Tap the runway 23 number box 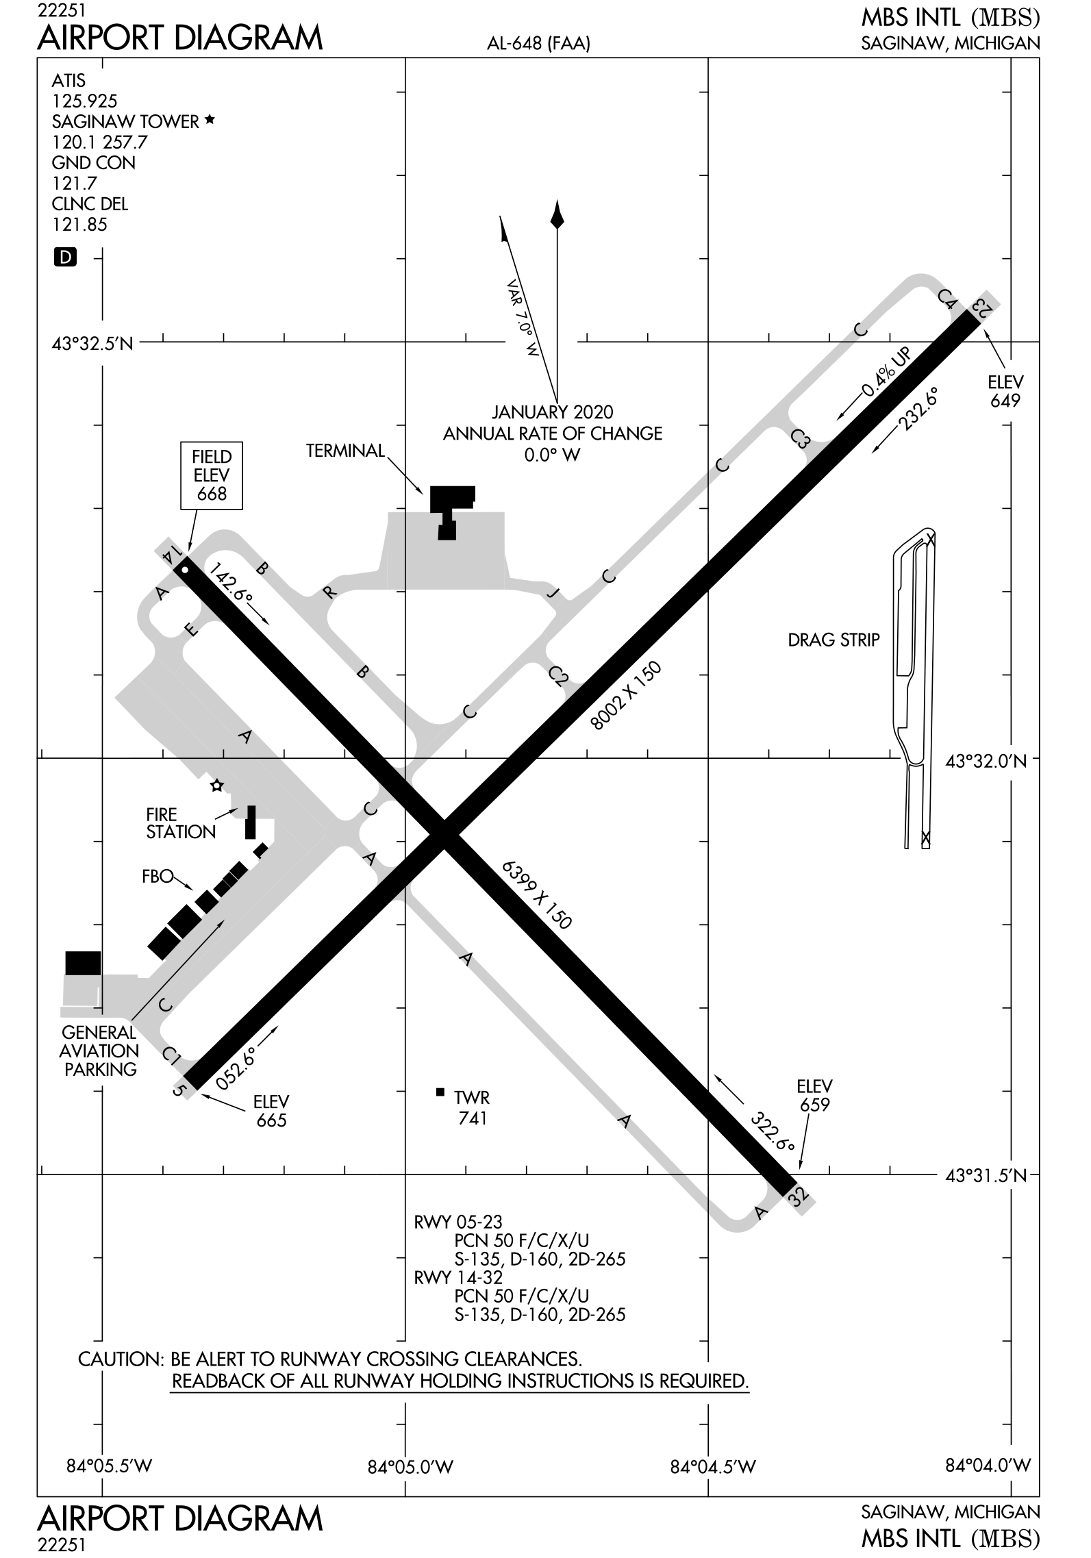[x=983, y=306]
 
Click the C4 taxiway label [x=949, y=299]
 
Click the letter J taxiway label [x=553, y=592]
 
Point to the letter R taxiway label [x=330, y=592]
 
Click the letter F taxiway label [x=192, y=630]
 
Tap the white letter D [x=66, y=257]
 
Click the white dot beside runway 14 [x=185, y=570]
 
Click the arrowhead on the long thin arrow [x=221, y=924]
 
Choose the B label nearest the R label [x=261, y=567]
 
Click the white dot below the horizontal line [x=217, y=786]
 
